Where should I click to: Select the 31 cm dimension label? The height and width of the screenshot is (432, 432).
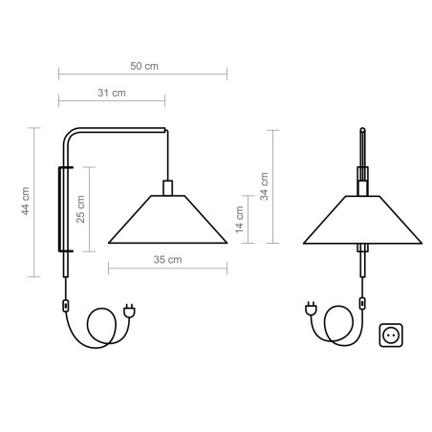pos(111,93)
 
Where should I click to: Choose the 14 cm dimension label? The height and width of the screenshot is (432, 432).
pos(240,218)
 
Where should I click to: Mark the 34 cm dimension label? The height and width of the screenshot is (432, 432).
pos(265,184)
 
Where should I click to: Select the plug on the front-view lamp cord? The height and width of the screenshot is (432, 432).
pos(310,309)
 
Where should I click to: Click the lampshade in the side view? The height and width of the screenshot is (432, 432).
pos(167,219)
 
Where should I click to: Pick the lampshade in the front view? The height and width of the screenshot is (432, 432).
pos(363,219)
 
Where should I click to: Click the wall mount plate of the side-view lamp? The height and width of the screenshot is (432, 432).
pos(64,208)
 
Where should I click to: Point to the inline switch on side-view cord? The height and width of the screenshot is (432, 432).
pos(65,305)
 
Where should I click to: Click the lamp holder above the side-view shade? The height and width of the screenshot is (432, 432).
pos(167,186)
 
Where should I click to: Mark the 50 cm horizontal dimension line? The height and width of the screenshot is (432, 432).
pos(143,75)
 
